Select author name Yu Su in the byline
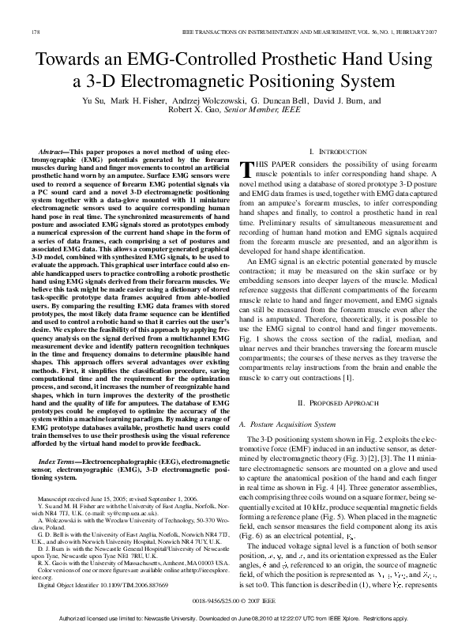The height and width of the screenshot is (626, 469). click(94, 101)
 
